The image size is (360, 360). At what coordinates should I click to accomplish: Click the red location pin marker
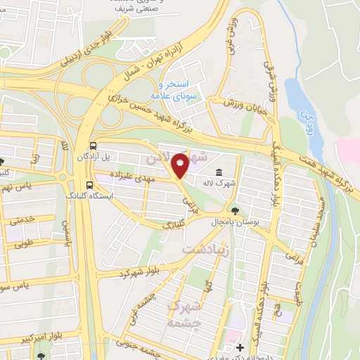click(181, 165)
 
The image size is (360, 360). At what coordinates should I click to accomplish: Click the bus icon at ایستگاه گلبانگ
click(89, 185)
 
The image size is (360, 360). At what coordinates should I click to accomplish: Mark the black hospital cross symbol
click(240, 347)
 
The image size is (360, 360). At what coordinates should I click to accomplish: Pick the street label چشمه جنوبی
click(134, 345)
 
